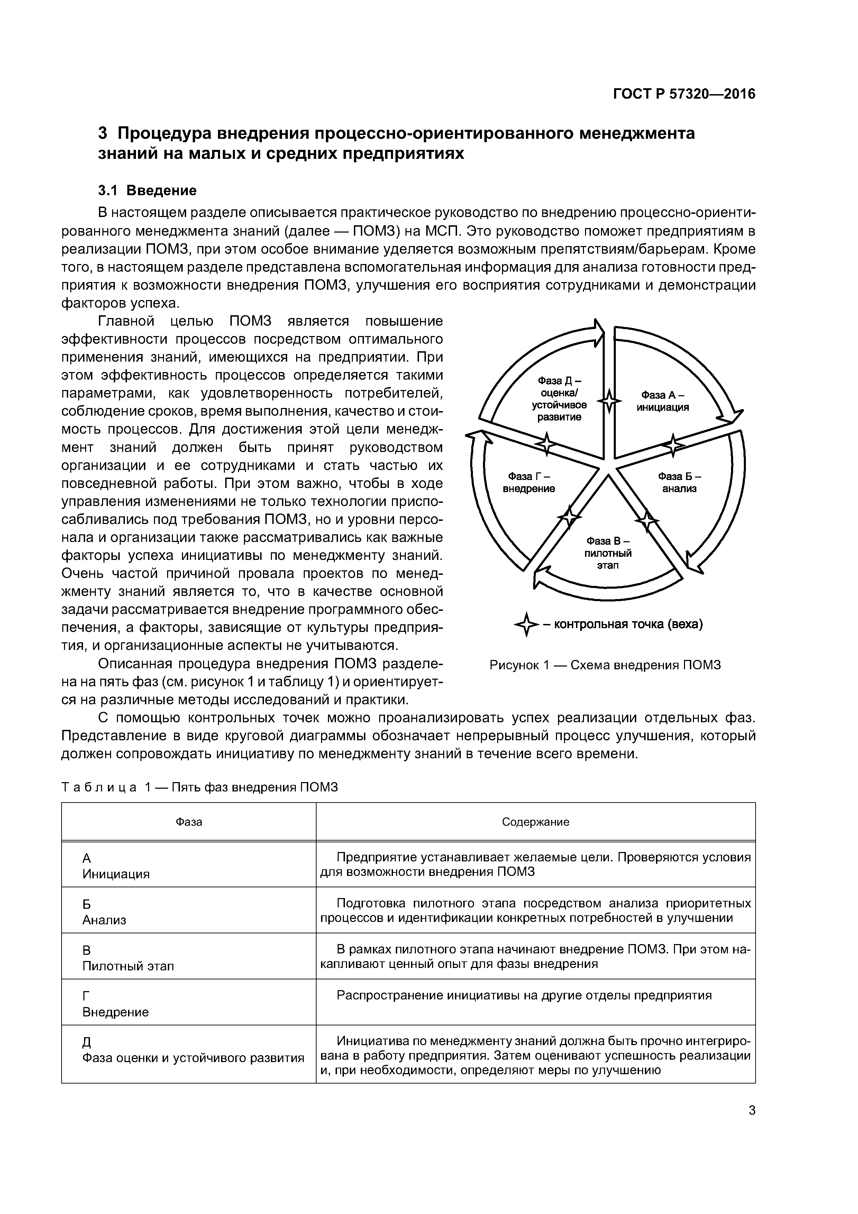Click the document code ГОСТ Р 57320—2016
tap(684, 94)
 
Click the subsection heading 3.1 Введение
tap(147, 190)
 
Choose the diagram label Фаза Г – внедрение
tap(528, 482)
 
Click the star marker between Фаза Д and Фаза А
tap(610, 401)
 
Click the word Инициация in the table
tap(116, 874)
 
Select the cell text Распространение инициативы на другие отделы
tap(524, 996)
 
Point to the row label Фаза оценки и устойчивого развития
tap(193, 1058)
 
